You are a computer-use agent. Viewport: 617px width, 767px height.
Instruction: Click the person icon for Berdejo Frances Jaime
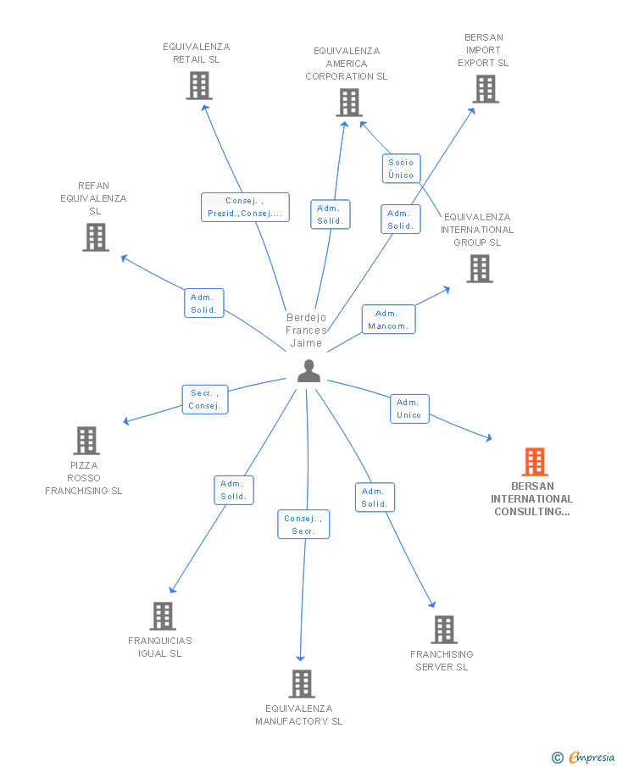pos(308,371)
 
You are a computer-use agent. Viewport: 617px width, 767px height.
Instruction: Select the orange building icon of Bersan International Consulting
pos(534,462)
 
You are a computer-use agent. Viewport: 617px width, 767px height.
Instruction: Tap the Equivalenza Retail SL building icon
pos(199,86)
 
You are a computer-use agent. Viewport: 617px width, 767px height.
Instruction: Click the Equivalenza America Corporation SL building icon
pos(348,103)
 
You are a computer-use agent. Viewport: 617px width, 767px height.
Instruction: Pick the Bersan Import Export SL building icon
pos(486,89)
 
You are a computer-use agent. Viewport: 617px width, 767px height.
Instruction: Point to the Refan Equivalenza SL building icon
pos(96,237)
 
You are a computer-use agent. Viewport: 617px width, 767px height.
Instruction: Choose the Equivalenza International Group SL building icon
pos(480,269)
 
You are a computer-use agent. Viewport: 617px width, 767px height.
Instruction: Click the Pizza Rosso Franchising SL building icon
pos(86,441)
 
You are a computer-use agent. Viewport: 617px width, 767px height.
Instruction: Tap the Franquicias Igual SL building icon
pos(163,616)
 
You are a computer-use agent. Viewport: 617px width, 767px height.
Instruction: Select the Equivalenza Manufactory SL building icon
pos(302,684)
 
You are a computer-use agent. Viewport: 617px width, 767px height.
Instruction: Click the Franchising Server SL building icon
pos(444,630)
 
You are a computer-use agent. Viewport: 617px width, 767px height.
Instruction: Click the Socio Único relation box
pos(401,169)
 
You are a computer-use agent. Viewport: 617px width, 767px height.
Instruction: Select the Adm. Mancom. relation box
pos(389,320)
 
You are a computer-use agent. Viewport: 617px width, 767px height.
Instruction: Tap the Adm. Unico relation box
pos(409,409)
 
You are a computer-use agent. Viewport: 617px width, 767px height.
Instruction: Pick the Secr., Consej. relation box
pos(205,399)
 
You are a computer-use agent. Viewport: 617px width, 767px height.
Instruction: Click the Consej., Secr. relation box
pos(303,525)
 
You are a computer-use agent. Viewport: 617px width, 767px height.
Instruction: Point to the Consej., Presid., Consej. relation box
pos(245,208)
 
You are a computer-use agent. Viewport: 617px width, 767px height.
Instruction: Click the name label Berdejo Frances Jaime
pos(307,331)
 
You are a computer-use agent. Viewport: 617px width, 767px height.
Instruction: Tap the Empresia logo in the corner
pos(585,757)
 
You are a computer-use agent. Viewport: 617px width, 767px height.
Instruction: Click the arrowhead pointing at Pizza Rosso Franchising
pos(125,421)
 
